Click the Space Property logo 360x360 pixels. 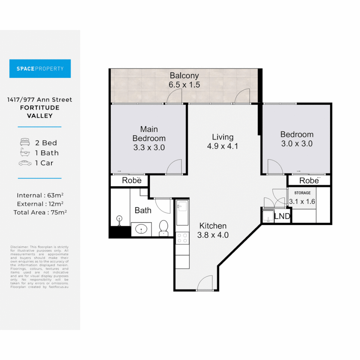tap(40, 68)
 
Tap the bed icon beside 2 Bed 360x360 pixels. tap(25, 142)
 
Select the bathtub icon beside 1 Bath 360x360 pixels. tap(25, 152)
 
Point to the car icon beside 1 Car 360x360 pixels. tap(25, 163)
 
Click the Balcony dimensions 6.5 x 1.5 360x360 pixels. tap(184, 85)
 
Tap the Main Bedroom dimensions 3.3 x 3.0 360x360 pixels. tap(149, 147)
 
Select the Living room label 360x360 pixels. tap(223, 137)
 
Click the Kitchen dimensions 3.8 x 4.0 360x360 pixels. tap(213, 235)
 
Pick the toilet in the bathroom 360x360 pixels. tap(163, 228)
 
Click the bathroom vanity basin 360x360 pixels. tap(141, 229)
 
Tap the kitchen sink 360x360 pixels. tap(182, 206)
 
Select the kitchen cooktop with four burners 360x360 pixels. tap(182, 238)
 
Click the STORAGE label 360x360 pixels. tap(302, 193)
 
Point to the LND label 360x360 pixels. tap(282, 216)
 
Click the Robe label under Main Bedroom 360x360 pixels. tap(132, 180)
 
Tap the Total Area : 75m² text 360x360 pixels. tap(40, 212)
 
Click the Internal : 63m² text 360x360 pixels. tap(40, 195)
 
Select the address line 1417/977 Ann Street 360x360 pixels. tap(40, 100)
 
